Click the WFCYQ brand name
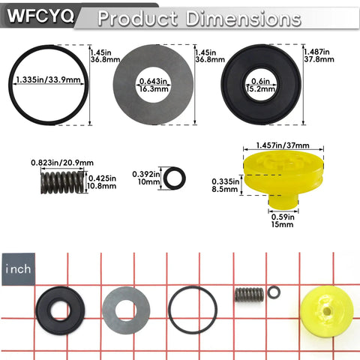tap(40, 16)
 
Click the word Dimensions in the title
tap(243, 19)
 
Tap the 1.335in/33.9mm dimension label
tap(48, 79)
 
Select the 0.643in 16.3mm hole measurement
tap(154, 85)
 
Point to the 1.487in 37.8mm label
tap(319, 55)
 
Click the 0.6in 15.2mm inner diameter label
tap(261, 85)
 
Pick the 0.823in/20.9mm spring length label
tap(62, 163)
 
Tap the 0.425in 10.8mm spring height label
tap(102, 182)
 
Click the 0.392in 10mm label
tap(146, 178)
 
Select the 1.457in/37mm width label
tap(283, 145)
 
